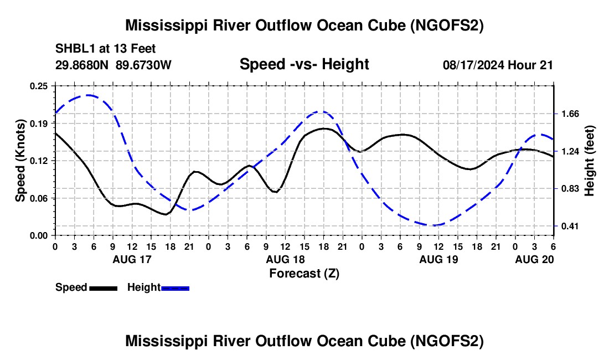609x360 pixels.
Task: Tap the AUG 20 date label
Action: click(534, 259)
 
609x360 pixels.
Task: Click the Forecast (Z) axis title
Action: click(303, 273)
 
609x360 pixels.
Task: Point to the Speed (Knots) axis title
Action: click(20, 161)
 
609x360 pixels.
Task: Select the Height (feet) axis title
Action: click(590, 161)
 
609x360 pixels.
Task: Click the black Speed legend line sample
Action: click(103, 287)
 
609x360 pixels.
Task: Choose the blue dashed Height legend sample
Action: click(175, 287)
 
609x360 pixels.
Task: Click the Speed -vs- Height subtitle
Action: click(304, 64)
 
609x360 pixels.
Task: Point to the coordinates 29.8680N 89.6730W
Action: click(113, 65)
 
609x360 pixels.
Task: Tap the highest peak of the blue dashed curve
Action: click(89, 95)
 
